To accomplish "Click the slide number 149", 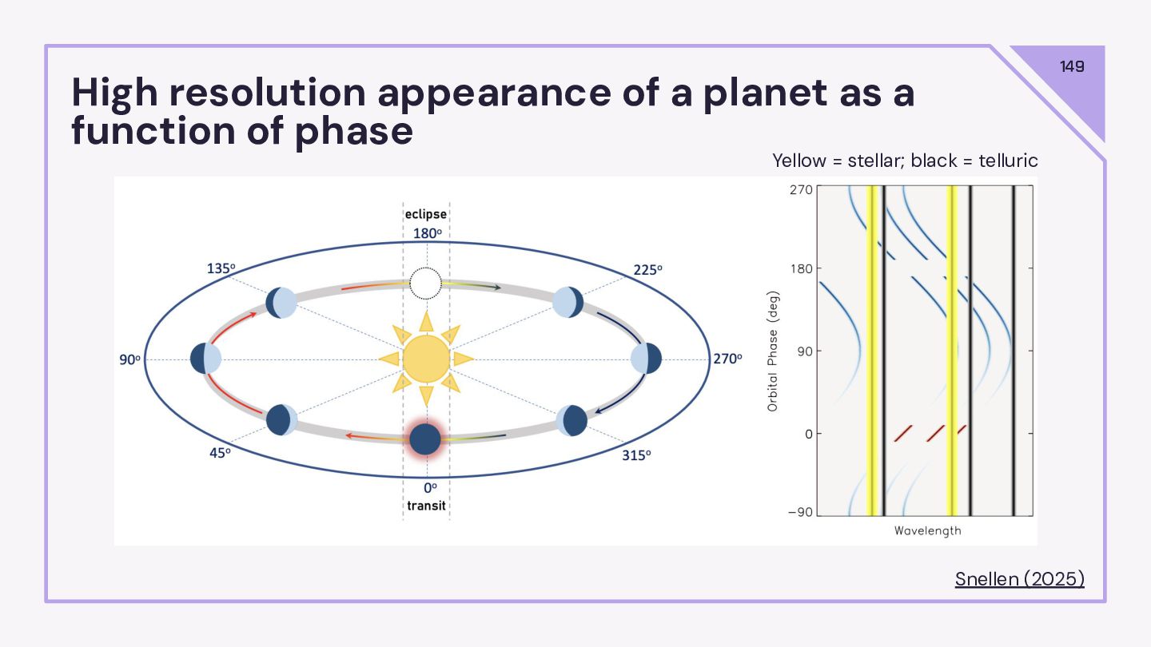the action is [1072, 66].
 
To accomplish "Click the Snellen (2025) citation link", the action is [1019, 578].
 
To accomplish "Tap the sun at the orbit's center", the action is [426, 359].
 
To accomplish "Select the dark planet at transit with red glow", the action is [425, 439].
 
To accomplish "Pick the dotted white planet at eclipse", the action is [425, 284].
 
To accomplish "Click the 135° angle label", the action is [221, 268].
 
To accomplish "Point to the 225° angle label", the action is [647, 270].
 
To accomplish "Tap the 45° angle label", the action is [220, 453].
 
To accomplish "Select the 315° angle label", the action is [636, 455].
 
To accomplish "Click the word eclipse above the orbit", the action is [425, 214].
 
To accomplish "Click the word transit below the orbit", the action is [426, 506].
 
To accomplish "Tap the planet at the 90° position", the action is [205, 359].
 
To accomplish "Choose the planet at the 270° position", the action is [646, 359].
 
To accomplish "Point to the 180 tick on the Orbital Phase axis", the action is [802, 268].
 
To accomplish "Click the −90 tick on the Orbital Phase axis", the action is [801, 513].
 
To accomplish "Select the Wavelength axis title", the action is [927, 531].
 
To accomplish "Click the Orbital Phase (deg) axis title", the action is [773, 351].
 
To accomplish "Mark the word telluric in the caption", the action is [1008, 161].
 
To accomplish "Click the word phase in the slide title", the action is [353, 133].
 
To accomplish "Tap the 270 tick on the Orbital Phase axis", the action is [802, 189].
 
